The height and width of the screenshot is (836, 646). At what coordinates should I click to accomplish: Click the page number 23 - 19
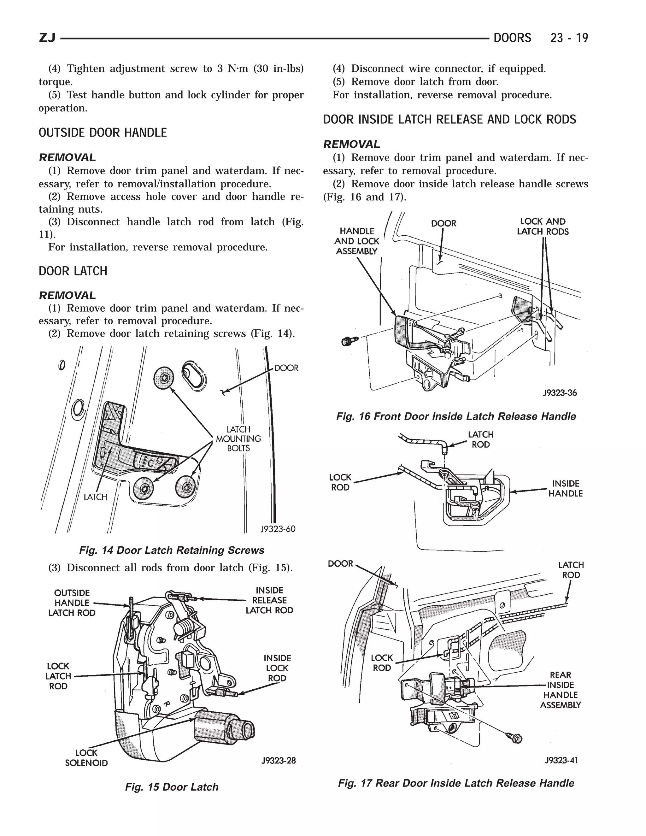click(x=569, y=38)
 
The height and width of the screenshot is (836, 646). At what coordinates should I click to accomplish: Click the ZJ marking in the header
click(x=47, y=38)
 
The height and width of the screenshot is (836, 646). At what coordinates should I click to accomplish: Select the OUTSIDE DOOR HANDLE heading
click(x=103, y=133)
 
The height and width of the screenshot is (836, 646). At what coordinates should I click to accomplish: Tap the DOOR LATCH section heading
click(x=73, y=271)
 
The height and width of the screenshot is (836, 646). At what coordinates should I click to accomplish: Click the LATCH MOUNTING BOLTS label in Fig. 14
click(x=238, y=439)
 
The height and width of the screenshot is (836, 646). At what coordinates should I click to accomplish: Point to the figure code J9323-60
click(x=278, y=529)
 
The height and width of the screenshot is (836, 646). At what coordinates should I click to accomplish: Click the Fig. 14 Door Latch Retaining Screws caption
click(x=172, y=550)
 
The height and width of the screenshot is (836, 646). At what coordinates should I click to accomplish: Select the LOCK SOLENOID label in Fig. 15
click(x=86, y=758)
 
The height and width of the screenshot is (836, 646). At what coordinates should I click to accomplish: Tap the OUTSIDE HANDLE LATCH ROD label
click(x=72, y=603)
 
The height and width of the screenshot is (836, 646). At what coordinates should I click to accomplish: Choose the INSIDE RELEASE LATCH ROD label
click(x=269, y=600)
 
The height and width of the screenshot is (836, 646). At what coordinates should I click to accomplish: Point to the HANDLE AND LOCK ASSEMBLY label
click(x=357, y=241)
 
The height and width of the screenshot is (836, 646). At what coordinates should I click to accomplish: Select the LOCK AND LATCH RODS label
click(x=543, y=227)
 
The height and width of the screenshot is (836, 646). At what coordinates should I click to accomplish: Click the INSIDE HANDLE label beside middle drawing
click(x=565, y=489)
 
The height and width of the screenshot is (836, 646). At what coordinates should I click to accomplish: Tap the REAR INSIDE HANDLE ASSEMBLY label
click(x=560, y=690)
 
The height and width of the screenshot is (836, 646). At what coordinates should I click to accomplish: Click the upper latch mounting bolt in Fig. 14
click(x=164, y=378)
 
